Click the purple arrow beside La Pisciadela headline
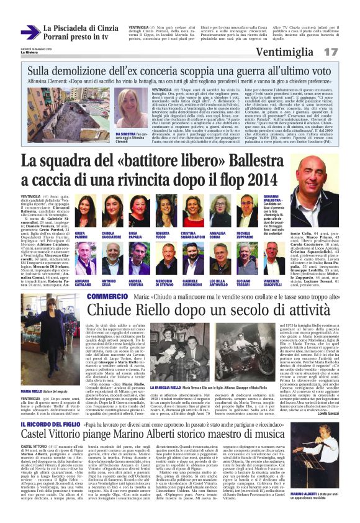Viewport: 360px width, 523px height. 29,32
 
